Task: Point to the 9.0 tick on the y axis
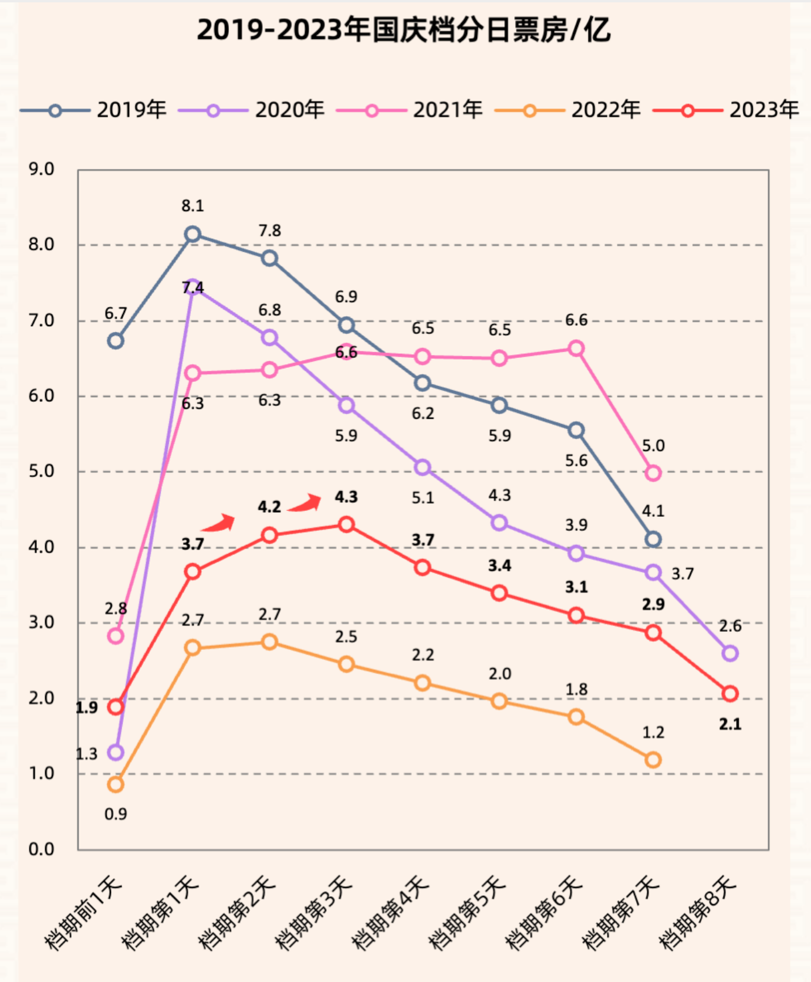coord(41,170)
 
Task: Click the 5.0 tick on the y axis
coord(41,471)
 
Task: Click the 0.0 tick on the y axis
coord(41,849)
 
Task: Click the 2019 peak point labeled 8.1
coord(192,235)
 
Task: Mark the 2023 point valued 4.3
coord(346,524)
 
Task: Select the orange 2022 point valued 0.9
coord(116,784)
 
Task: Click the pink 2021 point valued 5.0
coord(653,473)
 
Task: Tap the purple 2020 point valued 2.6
coord(730,653)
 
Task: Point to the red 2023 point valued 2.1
coord(730,694)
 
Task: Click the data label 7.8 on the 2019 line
coord(270,231)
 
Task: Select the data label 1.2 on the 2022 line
coord(653,732)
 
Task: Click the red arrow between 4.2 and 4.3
coord(305,503)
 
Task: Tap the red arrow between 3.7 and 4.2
coord(219,523)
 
